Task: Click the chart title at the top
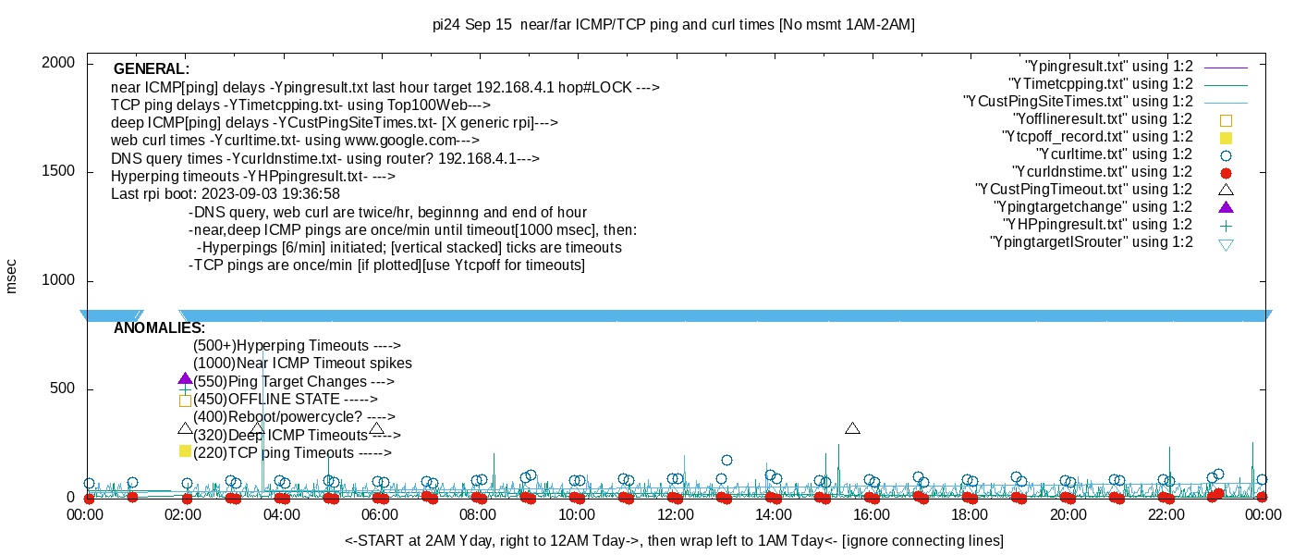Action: pos(673,25)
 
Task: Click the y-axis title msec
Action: pos(12,276)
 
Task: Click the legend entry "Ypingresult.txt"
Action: pos(1109,67)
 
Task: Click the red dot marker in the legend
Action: pos(1227,173)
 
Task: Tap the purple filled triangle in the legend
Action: pos(1227,207)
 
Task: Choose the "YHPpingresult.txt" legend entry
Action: pos(1097,225)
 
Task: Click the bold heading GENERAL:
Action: pos(152,69)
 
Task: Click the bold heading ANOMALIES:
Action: pos(159,328)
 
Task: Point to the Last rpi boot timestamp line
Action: pos(226,194)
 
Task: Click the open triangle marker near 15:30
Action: pos(852,428)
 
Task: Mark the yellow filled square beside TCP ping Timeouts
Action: pos(185,451)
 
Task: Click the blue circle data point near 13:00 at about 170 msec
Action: pos(726,460)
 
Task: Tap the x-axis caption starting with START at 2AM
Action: pos(674,540)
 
